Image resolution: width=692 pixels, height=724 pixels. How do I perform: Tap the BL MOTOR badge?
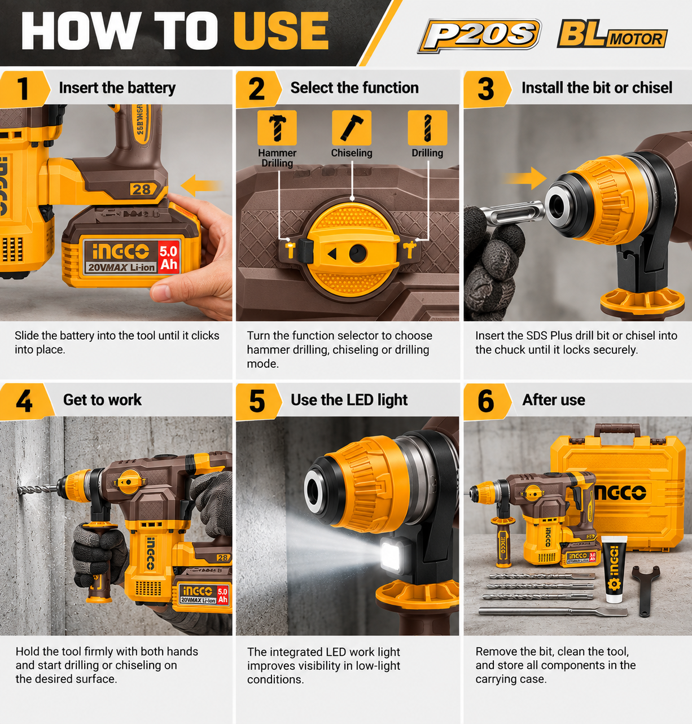tap(612, 34)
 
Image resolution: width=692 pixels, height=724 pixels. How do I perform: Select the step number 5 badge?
tap(257, 401)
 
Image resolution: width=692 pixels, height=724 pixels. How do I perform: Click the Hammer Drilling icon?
tap(277, 128)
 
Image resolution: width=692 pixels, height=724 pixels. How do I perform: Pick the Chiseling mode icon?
tap(352, 128)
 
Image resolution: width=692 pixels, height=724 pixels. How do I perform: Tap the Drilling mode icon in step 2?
tap(427, 128)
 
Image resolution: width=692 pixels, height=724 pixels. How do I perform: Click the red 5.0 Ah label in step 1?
tap(169, 258)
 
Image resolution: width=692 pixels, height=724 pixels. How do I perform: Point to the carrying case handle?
tap(617, 429)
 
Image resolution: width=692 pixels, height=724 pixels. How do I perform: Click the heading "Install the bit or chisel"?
tap(597, 88)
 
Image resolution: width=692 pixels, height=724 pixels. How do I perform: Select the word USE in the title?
tap(281, 30)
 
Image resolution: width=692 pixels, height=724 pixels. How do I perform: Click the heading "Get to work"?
tap(102, 400)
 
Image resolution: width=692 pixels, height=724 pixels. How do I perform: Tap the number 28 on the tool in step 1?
tap(141, 190)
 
